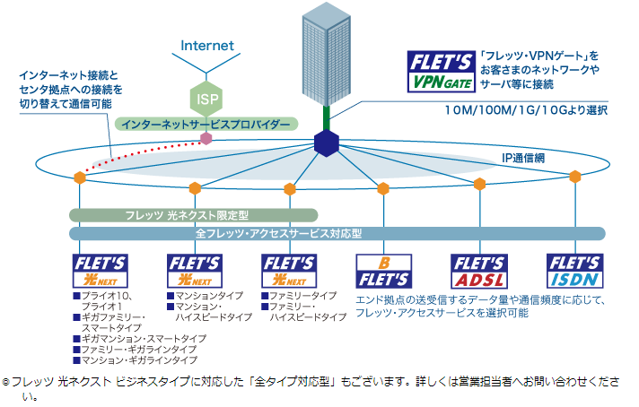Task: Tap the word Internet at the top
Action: pyautogui.click(x=206, y=45)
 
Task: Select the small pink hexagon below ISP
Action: pyautogui.click(x=206, y=139)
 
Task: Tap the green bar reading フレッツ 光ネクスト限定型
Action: pyautogui.click(x=194, y=215)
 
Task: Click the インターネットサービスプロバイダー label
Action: pyautogui.click(x=206, y=123)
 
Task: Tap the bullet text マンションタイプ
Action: pyautogui.click(x=209, y=295)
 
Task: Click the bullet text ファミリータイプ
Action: pyautogui.click(x=303, y=295)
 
